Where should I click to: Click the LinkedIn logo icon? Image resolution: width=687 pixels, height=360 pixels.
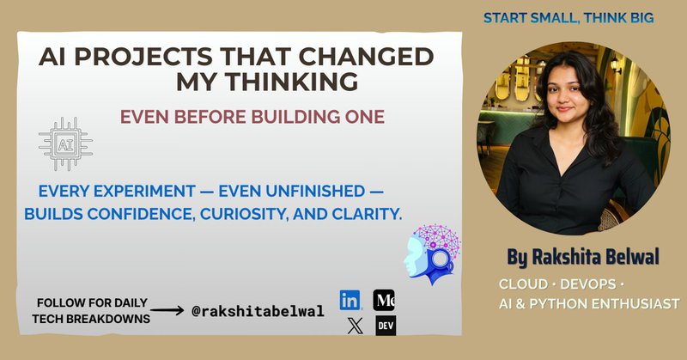click(350, 301)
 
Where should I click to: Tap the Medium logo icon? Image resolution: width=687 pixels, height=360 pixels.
click(384, 300)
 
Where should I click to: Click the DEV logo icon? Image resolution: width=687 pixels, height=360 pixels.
click(385, 326)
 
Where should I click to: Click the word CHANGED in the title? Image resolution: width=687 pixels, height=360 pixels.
click(378, 58)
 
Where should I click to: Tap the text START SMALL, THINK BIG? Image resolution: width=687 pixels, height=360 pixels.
click(568, 17)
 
